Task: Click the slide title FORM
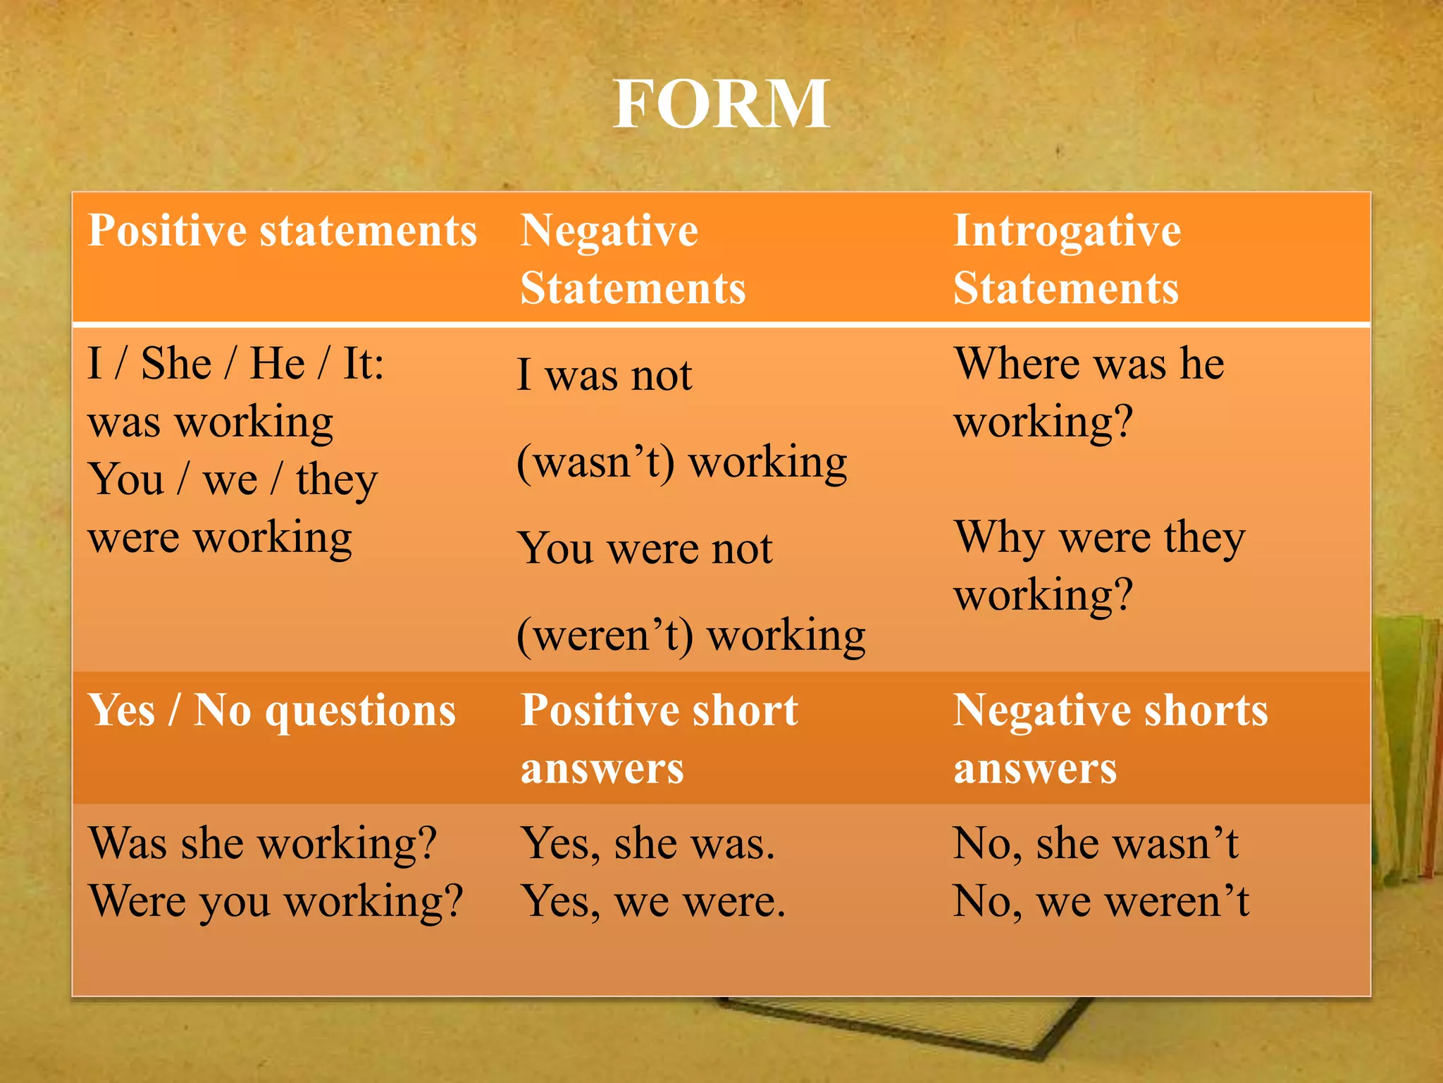pos(721,104)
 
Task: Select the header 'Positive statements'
pos(283,231)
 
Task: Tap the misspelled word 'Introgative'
pos(1067,231)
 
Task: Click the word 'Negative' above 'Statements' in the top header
pos(609,231)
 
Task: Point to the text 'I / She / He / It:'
pos(236,365)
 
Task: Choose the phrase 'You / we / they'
pos(233,480)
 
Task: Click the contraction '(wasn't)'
pos(596,463)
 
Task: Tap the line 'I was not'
pos(605,375)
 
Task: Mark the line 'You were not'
pos(645,549)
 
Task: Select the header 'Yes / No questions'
pos(272,710)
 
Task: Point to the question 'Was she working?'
pos(263,843)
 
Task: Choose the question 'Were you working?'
pos(276,902)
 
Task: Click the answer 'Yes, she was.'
pos(648,843)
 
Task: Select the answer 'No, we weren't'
pos(1101,902)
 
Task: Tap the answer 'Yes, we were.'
pos(653,902)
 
